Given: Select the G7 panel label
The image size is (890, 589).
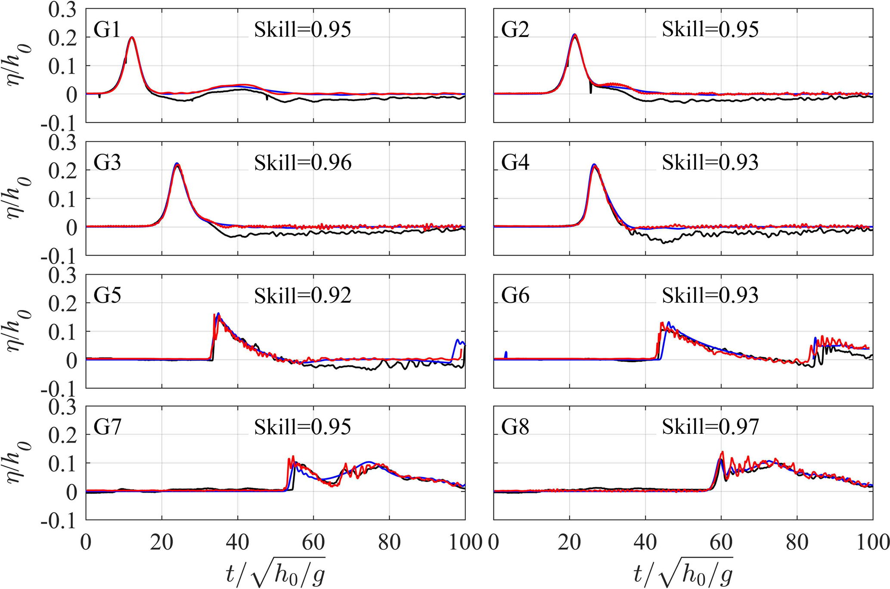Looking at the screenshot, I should pos(107,428).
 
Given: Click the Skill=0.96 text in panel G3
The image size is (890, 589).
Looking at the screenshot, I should pos(303,163).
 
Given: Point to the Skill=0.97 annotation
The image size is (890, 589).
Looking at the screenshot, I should pos(710,428).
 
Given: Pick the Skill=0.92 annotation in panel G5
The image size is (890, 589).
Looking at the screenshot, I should pos(303,296).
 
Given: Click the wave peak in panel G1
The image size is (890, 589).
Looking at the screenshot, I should pos(132,37).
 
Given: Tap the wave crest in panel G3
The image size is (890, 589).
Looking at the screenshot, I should pos(177,164).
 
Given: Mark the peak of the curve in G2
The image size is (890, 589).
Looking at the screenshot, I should pos(574,35).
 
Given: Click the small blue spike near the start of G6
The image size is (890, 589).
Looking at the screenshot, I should pos(506,354).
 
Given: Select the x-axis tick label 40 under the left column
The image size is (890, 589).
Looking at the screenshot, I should pos(238,543).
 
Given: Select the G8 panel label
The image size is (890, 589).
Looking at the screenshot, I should pos(515,428).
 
